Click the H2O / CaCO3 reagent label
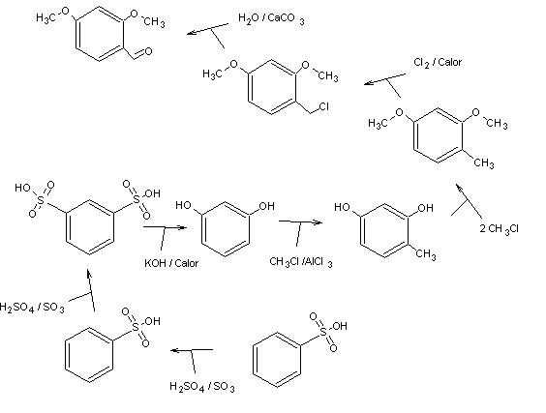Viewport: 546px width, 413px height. [x=271, y=18]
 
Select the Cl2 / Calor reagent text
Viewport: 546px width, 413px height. [x=438, y=63]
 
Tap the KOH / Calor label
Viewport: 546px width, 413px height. [x=171, y=263]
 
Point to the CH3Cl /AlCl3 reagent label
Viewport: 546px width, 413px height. [x=301, y=262]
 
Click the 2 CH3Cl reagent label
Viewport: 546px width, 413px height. [x=500, y=229]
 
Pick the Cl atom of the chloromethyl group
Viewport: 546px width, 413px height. [x=323, y=106]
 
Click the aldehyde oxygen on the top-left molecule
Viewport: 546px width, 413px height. [x=148, y=52]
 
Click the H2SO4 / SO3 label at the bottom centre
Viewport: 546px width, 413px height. [x=202, y=387]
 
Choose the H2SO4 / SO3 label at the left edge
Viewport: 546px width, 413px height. [x=32, y=308]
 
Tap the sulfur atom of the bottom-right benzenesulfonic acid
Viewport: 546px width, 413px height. [x=323, y=333]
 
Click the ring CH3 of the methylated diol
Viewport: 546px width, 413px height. [x=426, y=254]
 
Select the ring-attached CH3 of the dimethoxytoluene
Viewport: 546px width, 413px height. [x=484, y=163]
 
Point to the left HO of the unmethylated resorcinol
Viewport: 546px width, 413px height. [x=184, y=205]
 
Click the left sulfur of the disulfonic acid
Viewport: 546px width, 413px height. [x=41, y=201]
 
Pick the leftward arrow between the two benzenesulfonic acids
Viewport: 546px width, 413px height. [x=192, y=350]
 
